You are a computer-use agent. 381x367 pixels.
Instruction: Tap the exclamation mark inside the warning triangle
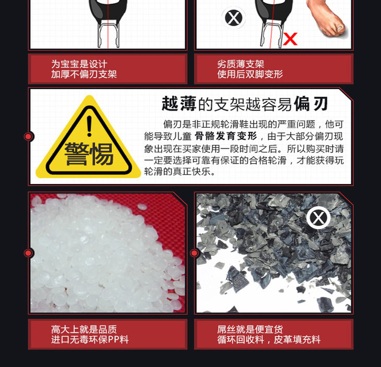(89, 126)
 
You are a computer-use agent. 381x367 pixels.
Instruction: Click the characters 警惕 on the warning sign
(89, 154)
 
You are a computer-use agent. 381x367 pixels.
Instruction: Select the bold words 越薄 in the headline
(179, 104)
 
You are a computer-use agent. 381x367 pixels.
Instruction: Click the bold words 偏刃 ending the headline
(311, 104)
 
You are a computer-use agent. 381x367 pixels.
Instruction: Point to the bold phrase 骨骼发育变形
(226, 136)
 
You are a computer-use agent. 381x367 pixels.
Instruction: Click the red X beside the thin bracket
(290, 39)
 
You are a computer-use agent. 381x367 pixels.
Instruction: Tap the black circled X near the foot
(233, 18)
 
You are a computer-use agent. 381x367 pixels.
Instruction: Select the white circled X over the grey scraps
(318, 218)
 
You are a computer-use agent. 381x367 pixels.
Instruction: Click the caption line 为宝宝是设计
(79, 64)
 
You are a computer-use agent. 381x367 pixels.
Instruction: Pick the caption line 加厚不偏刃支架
(84, 74)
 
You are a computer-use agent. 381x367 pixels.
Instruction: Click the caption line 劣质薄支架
(241, 64)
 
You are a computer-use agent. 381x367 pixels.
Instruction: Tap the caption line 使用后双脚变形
(250, 74)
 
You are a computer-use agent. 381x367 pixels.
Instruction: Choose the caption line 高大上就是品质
(84, 329)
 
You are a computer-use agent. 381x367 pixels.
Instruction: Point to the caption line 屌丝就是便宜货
(250, 329)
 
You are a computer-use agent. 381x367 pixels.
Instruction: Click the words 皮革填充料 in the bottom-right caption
(297, 339)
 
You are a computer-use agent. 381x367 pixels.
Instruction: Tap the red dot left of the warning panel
(28, 137)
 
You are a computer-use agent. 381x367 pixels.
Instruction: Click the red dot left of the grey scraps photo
(194, 253)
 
